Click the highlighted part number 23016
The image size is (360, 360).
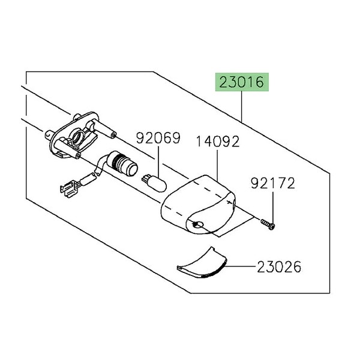242,82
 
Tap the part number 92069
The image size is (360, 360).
158,138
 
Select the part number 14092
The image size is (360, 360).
218,142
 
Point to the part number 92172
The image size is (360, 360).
273,183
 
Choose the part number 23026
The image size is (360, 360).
279,267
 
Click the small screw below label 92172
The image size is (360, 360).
268,224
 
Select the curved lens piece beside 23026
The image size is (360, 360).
202,263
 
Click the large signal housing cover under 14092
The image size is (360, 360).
199,205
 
